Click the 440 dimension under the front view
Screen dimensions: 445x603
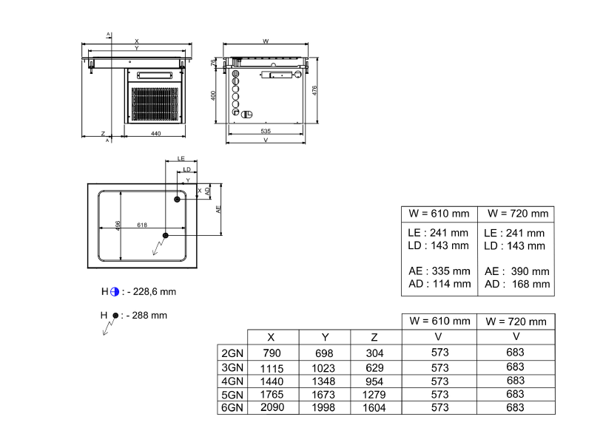click(x=155, y=134)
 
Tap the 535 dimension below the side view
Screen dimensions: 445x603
click(x=266, y=131)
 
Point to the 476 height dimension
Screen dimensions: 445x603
click(x=314, y=89)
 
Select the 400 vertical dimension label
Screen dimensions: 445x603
click(x=213, y=96)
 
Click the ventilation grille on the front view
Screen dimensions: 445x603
click(x=155, y=104)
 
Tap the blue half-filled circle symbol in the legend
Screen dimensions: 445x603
click(x=115, y=291)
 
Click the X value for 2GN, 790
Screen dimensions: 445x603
click(x=272, y=353)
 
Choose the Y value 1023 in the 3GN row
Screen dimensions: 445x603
click(x=323, y=367)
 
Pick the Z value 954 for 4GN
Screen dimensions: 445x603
click(x=375, y=381)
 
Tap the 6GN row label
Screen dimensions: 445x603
click(x=232, y=407)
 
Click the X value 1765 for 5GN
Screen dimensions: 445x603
click(x=272, y=394)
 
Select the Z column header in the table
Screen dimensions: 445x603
click(x=375, y=337)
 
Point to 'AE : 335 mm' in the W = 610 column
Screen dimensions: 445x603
click(x=439, y=271)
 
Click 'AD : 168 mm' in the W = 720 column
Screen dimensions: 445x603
click(x=517, y=284)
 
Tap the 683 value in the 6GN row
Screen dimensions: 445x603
click(x=516, y=407)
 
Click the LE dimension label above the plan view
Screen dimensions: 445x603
click(x=181, y=159)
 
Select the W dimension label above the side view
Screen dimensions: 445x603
click(x=266, y=41)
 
